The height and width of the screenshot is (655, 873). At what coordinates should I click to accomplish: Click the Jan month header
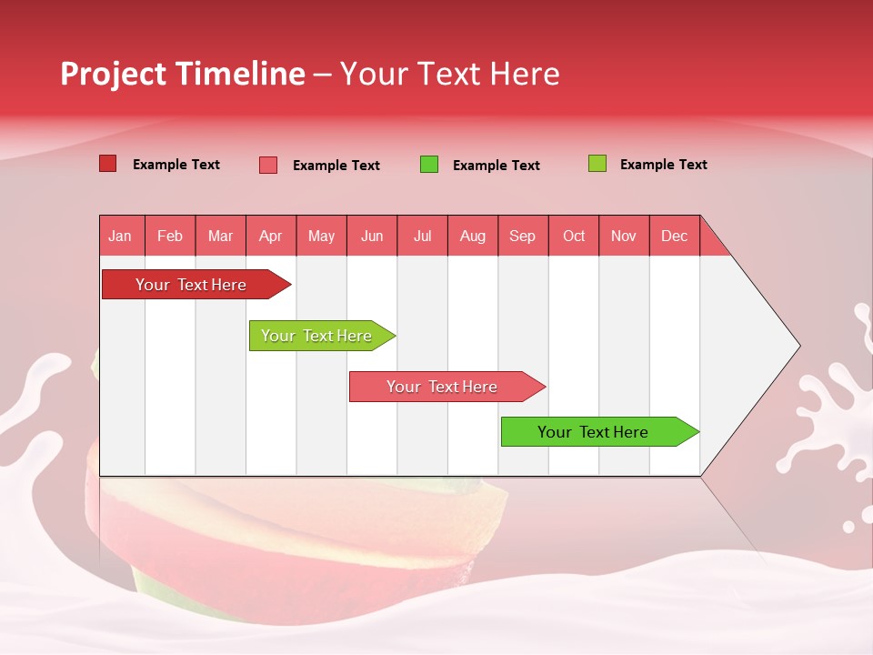pos(120,236)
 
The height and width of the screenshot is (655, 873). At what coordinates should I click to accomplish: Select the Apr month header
pos(271,236)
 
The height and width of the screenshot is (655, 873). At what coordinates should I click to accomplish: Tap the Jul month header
pos(422,236)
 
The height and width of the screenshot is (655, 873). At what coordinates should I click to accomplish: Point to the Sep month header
pos(522,236)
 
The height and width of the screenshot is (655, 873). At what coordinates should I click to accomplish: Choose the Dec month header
pos(674,236)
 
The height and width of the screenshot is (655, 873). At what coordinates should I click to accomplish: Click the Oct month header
pos(574,236)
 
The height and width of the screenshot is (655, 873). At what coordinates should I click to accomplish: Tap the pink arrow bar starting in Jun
pos(443,387)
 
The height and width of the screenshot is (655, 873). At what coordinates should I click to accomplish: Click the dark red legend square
pos(107,164)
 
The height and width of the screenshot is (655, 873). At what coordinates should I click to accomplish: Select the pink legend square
pos(268,165)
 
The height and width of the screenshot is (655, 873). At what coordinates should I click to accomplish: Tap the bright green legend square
pos(429,165)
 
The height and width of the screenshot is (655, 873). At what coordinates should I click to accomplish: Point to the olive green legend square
pos(597,164)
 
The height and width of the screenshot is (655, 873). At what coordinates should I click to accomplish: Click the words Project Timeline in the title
pos(182,74)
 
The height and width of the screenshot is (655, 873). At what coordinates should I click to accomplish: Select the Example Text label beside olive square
pos(663,165)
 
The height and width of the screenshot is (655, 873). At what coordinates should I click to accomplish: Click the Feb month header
pos(170,236)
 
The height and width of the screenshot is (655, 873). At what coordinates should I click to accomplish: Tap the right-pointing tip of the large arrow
pos(797,346)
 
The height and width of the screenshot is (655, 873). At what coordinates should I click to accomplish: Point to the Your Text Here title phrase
pos(449,74)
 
